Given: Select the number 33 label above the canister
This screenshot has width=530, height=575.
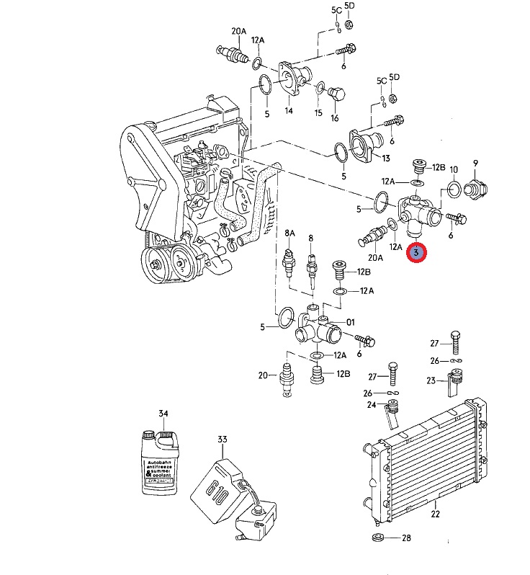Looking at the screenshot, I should pyautogui.click(x=222, y=439).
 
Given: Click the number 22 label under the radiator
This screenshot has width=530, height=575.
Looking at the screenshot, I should pyautogui.click(x=435, y=514).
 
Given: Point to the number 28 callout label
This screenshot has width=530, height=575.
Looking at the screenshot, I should pyautogui.click(x=406, y=538).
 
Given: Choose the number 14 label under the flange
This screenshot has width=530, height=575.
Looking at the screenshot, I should pyautogui.click(x=288, y=111).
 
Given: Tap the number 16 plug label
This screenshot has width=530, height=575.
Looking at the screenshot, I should pyautogui.click(x=334, y=117).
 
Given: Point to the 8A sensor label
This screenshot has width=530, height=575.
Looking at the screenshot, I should pyautogui.click(x=289, y=233).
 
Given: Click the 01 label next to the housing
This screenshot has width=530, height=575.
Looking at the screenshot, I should pyautogui.click(x=351, y=321).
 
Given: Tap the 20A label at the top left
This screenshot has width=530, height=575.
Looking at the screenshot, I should pyautogui.click(x=238, y=32).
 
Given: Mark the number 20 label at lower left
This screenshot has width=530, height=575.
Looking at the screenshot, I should pyautogui.click(x=263, y=375).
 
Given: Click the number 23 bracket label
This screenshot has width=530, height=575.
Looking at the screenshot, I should pyautogui.click(x=431, y=380).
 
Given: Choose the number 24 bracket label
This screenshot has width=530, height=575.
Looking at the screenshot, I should pyautogui.click(x=372, y=405).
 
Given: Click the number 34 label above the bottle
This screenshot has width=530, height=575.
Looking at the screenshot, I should pyautogui.click(x=163, y=413).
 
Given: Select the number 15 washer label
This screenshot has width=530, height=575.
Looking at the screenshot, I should pyautogui.click(x=318, y=112).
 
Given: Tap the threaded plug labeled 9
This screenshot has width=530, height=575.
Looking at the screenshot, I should pyautogui.click(x=475, y=190).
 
